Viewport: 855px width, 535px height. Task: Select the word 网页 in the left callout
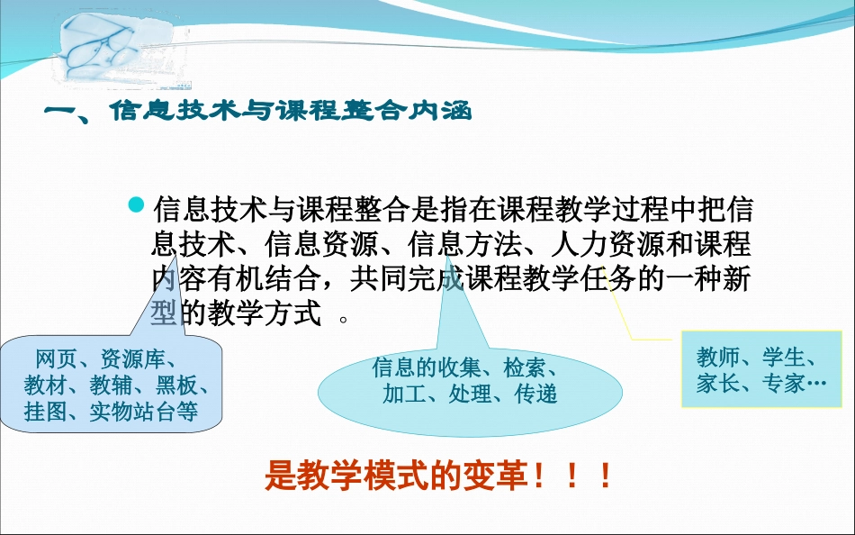click(52, 358)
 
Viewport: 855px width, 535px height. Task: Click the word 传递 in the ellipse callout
click(535, 394)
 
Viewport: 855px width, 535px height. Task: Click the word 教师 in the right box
click(716, 357)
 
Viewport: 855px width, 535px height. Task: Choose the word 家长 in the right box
click(716, 384)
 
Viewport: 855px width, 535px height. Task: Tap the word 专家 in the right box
click(782, 384)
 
